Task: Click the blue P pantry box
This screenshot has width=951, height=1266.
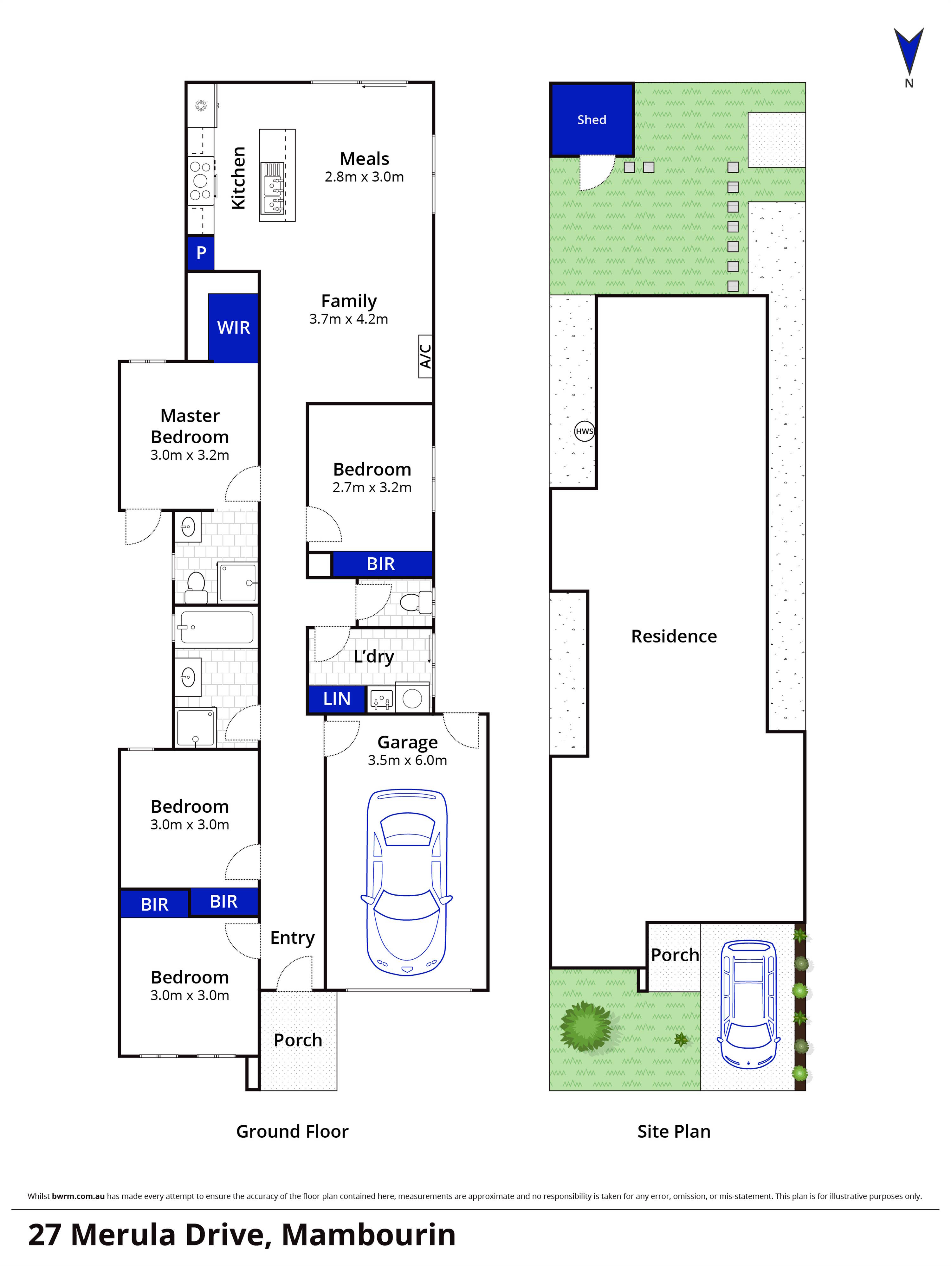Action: [200, 253]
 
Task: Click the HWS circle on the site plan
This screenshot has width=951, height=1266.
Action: [584, 431]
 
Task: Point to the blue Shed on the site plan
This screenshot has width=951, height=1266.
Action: [592, 120]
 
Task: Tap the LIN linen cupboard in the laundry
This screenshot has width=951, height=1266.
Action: [337, 699]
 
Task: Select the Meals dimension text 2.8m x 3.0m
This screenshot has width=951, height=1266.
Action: [364, 177]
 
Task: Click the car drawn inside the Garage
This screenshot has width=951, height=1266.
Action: [406, 881]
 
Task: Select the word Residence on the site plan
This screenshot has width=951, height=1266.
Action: [674, 636]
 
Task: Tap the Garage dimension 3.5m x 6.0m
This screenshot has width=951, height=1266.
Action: [407, 760]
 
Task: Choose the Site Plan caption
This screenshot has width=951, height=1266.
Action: [674, 1131]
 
